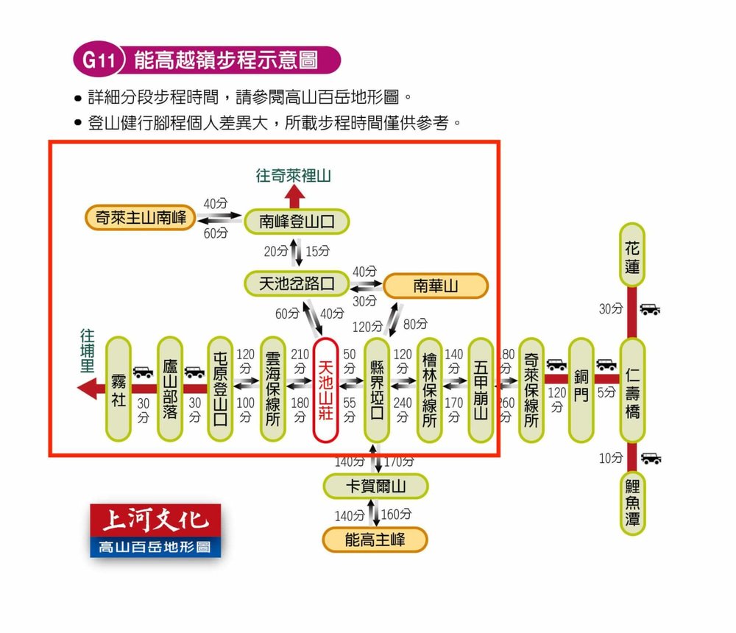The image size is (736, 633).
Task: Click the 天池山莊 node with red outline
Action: click(x=326, y=390)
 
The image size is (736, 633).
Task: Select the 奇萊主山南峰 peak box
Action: click(x=141, y=217)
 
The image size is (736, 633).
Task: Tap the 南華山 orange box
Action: click(x=436, y=286)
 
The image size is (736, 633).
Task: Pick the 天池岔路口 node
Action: click(x=296, y=283)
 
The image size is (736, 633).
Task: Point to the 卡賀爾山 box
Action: click(x=376, y=487)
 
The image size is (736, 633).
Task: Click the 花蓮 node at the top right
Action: click(x=632, y=255)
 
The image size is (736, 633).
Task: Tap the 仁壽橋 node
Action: click(x=632, y=390)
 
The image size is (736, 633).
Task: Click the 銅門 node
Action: click(x=581, y=390)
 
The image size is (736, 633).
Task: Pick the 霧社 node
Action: click(x=118, y=389)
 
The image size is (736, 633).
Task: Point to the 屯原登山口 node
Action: click(x=219, y=390)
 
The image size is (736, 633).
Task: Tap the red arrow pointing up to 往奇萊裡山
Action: click(x=295, y=197)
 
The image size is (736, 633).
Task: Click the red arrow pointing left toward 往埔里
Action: click(x=91, y=388)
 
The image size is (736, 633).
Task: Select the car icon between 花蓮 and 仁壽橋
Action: click(x=650, y=309)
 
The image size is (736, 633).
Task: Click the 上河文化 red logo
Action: click(x=155, y=521)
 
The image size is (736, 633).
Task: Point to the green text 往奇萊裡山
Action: click(x=294, y=176)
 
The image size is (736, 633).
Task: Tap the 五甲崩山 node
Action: click(x=481, y=390)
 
